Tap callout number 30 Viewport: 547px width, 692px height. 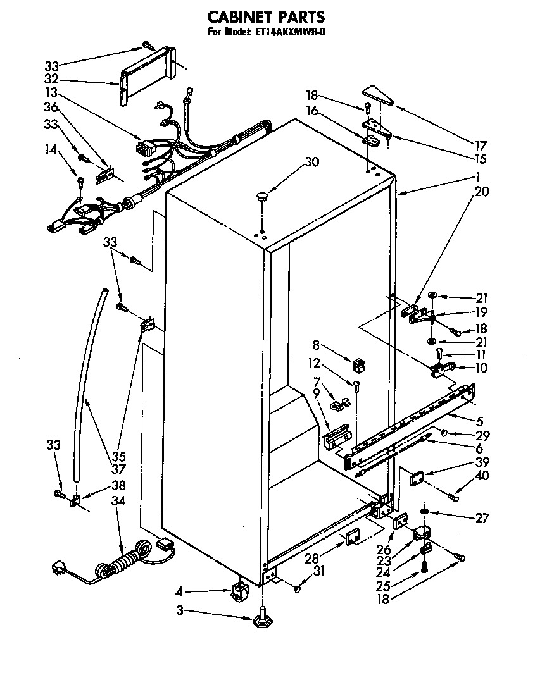tap(311, 162)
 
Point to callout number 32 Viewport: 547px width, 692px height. tap(52, 80)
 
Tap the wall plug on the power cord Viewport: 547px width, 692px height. tap(59, 569)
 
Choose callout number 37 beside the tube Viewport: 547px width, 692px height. tap(118, 469)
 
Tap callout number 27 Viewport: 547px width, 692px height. tap(483, 518)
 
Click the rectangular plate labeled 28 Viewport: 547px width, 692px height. tap(352, 537)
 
